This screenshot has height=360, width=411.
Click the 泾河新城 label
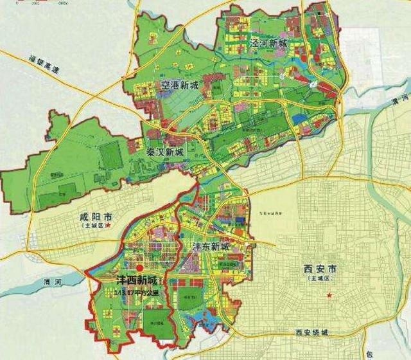[268, 44]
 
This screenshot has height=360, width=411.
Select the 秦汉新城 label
[166, 152]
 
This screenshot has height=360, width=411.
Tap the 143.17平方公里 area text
[136, 293]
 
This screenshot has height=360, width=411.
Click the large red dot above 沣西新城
[139, 268]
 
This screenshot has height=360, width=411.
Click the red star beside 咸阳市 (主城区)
[110, 226]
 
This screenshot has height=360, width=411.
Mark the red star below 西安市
[329, 295]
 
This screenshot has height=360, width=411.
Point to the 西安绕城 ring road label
[311, 332]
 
